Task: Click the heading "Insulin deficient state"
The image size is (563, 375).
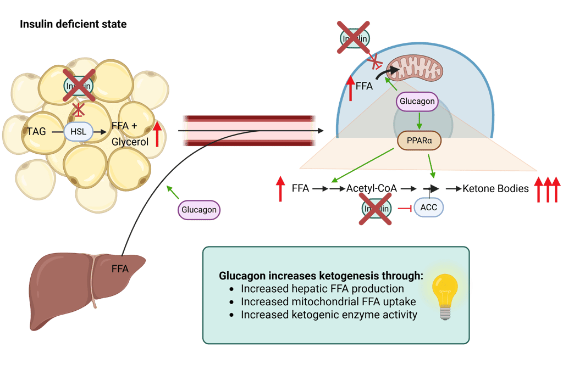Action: (73, 25)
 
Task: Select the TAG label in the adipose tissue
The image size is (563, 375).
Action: (36, 131)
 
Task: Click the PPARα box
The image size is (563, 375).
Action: (419, 140)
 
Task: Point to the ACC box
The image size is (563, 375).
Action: (428, 208)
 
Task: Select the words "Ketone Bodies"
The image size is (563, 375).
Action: (495, 189)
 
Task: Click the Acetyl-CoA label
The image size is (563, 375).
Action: (372, 189)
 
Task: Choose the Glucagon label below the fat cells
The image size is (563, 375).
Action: (199, 210)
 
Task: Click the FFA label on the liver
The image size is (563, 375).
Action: (120, 269)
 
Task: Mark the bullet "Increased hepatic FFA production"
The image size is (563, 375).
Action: (322, 288)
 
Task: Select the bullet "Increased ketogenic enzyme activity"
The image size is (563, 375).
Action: (329, 315)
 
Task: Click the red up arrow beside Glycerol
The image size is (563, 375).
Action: (157, 134)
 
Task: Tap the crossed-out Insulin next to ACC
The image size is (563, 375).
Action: (376, 208)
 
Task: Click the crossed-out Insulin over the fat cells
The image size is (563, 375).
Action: (79, 86)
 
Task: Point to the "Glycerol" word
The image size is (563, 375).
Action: (130, 141)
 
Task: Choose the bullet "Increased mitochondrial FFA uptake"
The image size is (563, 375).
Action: (328, 301)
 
